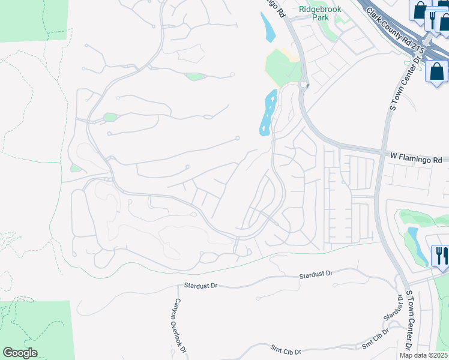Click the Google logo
(20, 353)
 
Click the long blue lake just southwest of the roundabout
(267, 112)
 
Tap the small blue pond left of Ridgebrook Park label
(268, 27)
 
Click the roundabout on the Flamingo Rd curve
(304, 85)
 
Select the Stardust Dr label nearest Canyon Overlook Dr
(200, 286)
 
